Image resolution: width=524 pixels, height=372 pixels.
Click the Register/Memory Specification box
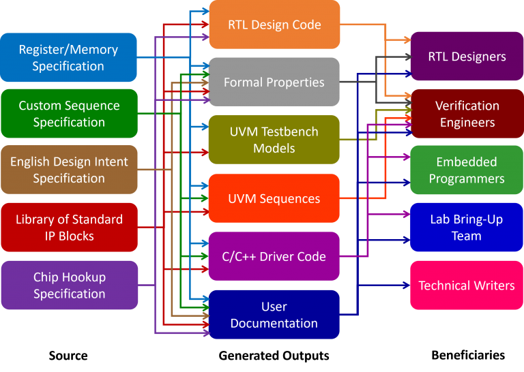coord(68,58)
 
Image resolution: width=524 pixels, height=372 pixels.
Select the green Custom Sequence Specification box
coord(68,114)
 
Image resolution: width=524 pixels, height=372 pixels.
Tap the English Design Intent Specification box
coord(68,170)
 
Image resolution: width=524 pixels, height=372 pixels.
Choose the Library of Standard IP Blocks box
coord(68,228)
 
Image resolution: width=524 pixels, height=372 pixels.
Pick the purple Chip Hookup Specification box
coord(68,285)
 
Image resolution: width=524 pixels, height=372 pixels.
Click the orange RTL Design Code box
coord(274,25)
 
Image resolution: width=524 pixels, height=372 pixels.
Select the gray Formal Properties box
coord(274,82)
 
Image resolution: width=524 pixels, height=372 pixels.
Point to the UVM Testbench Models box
coord(274,140)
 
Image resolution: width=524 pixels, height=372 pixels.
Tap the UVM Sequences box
coord(274,198)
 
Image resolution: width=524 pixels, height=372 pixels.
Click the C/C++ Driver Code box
coord(274,257)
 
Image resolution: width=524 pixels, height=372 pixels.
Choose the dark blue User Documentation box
coord(274,315)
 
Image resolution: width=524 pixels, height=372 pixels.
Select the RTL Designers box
coord(467,57)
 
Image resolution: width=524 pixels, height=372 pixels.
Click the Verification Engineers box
coord(467,114)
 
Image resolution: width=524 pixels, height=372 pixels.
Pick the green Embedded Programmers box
coord(467,170)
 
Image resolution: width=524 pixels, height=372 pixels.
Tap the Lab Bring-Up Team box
coord(467,228)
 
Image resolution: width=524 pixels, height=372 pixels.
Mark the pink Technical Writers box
coord(467,285)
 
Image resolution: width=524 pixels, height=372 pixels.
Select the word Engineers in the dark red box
coord(467,123)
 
